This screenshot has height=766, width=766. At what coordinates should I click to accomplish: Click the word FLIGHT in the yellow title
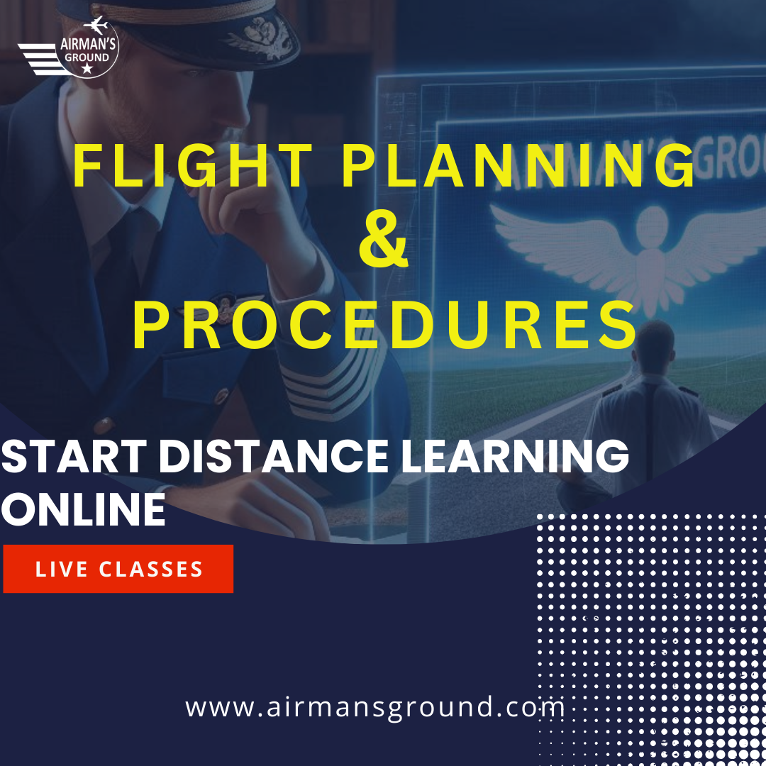(193, 166)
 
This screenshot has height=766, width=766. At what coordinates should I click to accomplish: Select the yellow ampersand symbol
(384, 244)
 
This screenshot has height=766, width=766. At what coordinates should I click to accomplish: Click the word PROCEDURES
(385, 326)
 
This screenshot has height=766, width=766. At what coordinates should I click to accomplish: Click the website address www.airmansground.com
(375, 707)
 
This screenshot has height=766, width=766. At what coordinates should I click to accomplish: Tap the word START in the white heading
(74, 456)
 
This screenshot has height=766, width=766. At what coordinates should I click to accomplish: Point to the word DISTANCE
(274, 456)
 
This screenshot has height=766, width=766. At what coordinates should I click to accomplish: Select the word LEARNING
(515, 456)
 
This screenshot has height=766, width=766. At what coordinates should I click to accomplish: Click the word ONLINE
(83, 509)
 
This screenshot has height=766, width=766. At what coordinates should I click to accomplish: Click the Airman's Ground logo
(68, 48)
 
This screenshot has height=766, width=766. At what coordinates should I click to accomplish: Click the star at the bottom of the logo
(87, 68)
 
